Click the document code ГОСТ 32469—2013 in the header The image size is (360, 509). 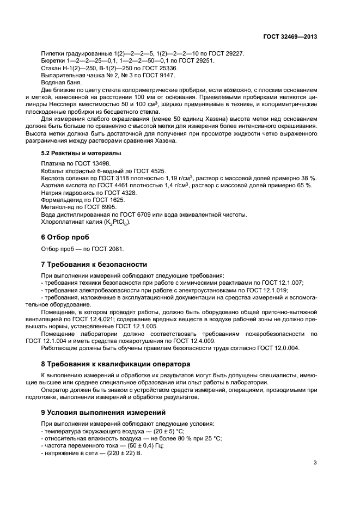click(x=289, y=37)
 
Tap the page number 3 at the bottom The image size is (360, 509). click(x=315, y=463)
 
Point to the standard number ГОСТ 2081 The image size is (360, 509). click(x=108, y=249)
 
